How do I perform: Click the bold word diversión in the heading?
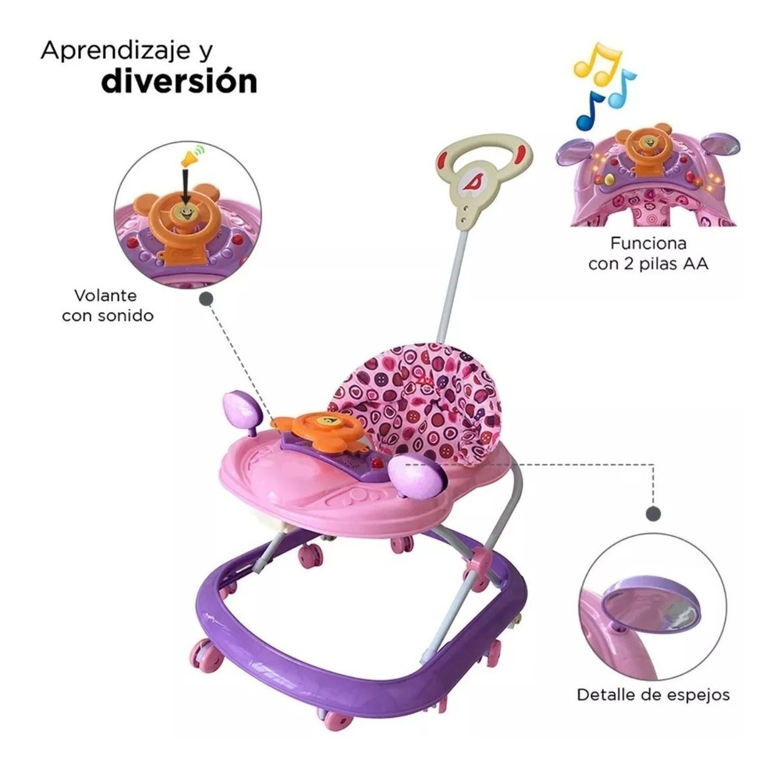pos(179,81)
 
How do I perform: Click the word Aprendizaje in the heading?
pos(112,51)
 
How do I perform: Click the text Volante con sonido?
pos(107,306)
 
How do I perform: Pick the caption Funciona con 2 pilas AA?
pos(648,253)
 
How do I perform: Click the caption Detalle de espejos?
pos(653,695)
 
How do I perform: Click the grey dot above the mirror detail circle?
pos(653,513)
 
